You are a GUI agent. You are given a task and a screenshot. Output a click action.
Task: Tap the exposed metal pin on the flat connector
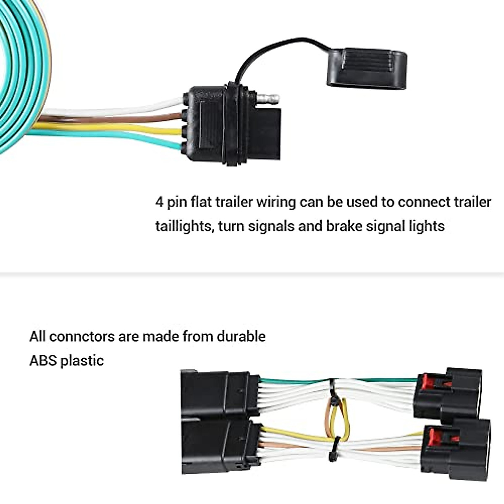[269, 100]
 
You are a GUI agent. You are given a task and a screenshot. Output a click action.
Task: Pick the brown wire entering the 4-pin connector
[126, 118]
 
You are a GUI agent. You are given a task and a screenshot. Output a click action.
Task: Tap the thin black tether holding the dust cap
[269, 47]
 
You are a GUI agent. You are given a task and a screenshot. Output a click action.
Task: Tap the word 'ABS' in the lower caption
[43, 360]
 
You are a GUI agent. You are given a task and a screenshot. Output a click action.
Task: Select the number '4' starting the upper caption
[159, 202]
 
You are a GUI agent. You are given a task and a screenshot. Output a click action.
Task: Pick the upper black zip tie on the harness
[333, 398]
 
